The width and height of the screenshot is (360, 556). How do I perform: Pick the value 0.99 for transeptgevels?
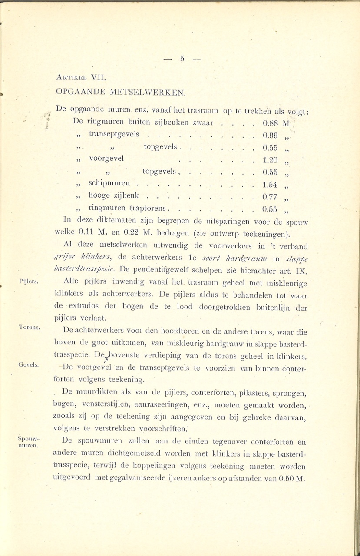tap(270, 135)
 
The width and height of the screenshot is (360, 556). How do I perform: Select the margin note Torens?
tap(30, 327)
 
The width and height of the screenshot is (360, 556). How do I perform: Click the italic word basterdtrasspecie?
tap(86, 270)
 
